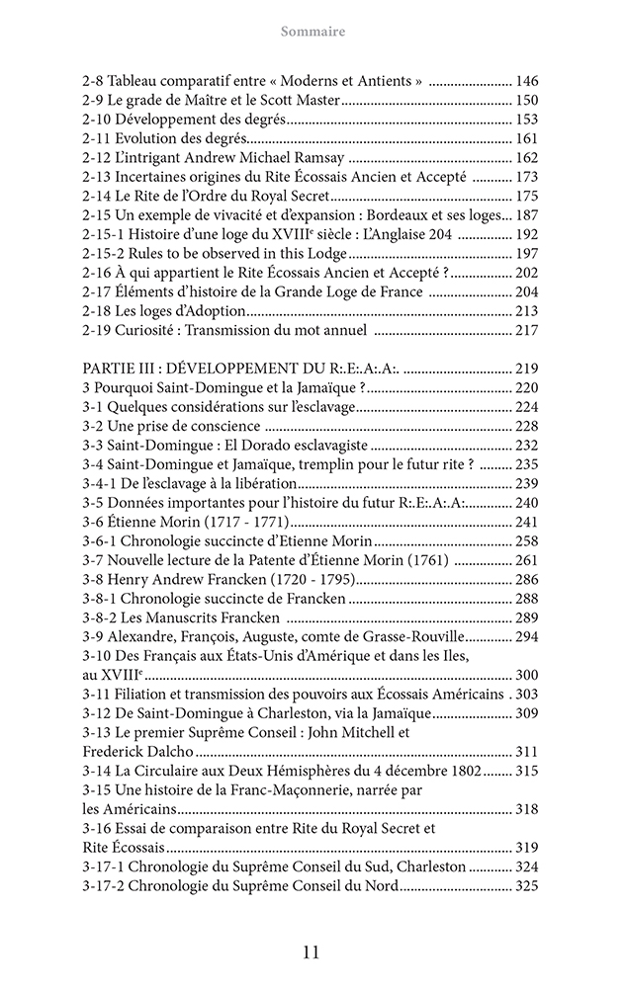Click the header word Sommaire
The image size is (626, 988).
click(x=313, y=32)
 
